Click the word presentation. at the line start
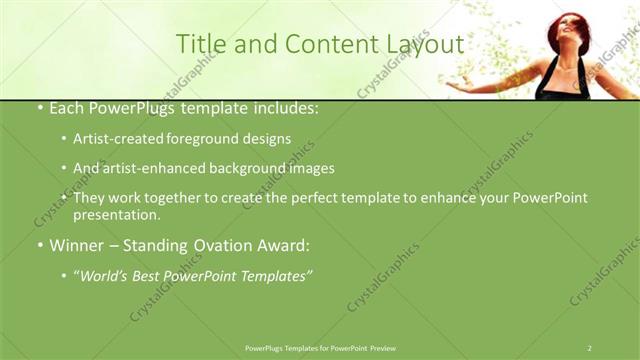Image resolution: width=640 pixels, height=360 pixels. pos(116,214)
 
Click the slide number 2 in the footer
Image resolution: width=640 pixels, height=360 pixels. pos(590,348)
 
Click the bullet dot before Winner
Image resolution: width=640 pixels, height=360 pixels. pos(39,245)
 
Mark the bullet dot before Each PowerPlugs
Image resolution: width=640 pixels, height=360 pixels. pos(39,109)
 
